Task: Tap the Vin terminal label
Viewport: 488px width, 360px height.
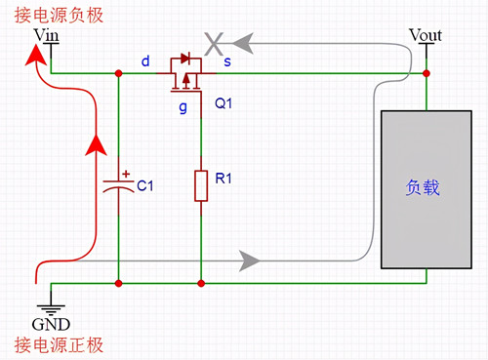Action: coord(47,36)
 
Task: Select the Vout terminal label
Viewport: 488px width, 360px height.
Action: coord(426,36)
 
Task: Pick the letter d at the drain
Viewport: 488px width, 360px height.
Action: coord(145,61)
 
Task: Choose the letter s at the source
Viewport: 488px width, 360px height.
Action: coord(227,61)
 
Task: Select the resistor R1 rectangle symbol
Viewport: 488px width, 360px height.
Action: coord(201,185)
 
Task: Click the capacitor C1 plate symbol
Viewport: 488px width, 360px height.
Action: coord(118,184)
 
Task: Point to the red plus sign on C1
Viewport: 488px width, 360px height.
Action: coord(126,173)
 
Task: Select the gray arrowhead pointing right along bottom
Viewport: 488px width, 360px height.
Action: coord(250,260)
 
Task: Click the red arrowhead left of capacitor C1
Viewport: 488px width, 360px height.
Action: coord(96,145)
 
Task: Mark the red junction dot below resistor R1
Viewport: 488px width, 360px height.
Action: coord(201,283)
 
